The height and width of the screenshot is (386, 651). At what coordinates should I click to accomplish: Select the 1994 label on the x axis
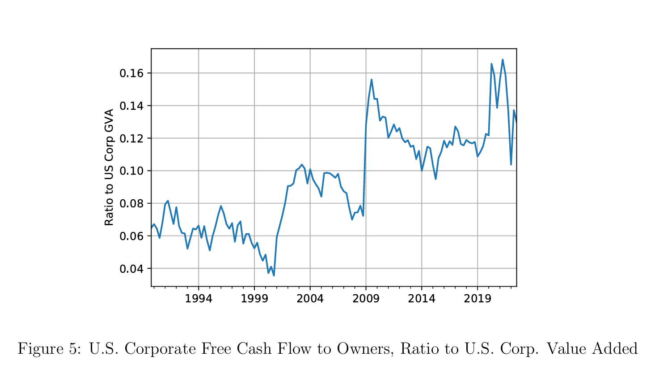click(x=199, y=299)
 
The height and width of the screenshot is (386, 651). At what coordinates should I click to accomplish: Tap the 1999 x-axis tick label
click(x=254, y=299)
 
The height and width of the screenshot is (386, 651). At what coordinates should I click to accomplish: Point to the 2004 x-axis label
click(x=310, y=299)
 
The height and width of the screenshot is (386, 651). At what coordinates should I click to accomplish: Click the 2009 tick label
click(x=366, y=299)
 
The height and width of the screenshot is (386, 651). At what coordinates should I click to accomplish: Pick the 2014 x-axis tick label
click(x=422, y=299)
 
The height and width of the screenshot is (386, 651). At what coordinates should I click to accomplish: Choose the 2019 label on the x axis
click(x=478, y=299)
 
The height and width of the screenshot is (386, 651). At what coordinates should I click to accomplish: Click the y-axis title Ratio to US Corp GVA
click(x=109, y=167)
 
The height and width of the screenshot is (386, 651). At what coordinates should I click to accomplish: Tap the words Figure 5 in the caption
click(x=49, y=348)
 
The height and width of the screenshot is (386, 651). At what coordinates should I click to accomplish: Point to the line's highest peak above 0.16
click(x=503, y=60)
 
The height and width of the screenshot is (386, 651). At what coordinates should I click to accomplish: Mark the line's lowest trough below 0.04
click(x=274, y=275)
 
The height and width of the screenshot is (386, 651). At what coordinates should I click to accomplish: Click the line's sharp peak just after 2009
click(x=372, y=80)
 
